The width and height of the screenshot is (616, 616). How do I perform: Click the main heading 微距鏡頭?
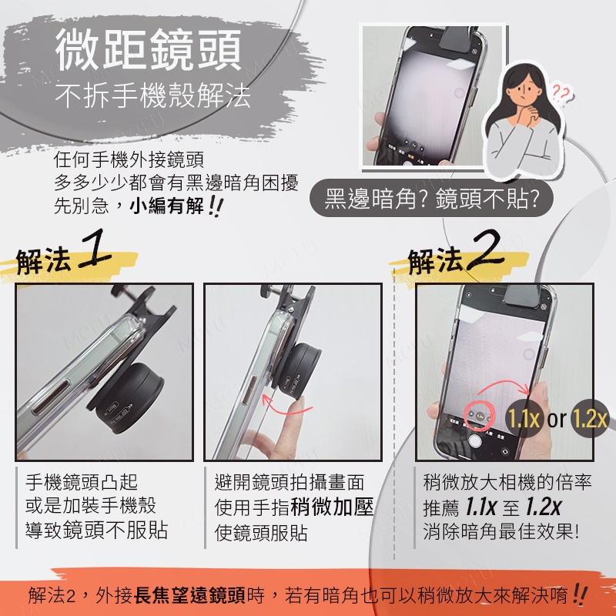click(x=148, y=50)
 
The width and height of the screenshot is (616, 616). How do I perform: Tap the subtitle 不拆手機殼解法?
click(x=152, y=95)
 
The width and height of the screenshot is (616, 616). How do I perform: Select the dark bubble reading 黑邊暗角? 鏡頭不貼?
click(x=432, y=198)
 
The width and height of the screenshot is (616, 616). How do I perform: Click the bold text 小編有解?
click(x=167, y=206)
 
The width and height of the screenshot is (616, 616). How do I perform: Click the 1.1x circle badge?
click(x=524, y=418)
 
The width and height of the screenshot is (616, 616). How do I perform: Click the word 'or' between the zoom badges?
click(x=557, y=419)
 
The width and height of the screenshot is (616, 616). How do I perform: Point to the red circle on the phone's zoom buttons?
click(x=480, y=415)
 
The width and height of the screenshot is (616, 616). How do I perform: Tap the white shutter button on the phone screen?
click(x=475, y=440)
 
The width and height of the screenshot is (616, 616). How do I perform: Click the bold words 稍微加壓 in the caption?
click(x=332, y=507)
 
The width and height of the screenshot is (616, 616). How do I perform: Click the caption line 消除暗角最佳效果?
click(x=500, y=531)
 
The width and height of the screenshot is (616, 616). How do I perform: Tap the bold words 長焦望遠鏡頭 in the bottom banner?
click(x=189, y=595)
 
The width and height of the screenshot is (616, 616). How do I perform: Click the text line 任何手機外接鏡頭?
click(x=129, y=159)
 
